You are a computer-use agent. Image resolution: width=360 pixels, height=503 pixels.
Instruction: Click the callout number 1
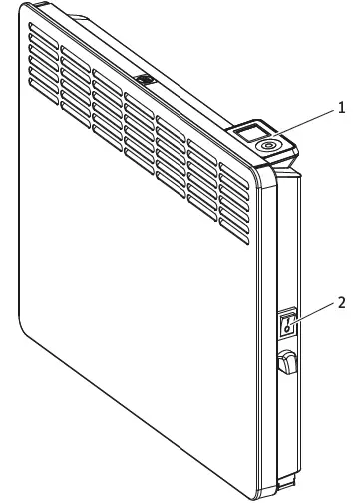tap(343, 105)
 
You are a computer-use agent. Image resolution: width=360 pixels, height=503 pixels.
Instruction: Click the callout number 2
tap(343, 302)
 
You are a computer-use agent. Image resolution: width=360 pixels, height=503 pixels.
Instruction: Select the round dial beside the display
tap(268, 145)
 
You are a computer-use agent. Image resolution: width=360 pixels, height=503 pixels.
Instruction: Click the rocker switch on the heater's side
tap(288, 321)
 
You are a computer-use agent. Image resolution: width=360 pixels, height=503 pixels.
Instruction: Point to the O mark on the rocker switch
tap(288, 327)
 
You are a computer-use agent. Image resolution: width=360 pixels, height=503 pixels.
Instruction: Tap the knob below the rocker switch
tap(288, 362)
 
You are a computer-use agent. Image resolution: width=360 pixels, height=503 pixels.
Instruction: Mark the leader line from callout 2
tap(314, 311)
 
